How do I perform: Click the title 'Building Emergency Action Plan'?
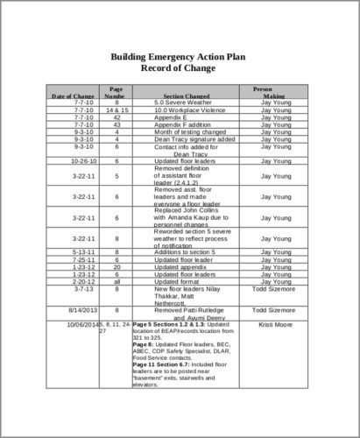[x=180, y=57]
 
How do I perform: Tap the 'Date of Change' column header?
[x=71, y=95]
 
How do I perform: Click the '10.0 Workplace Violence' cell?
[x=184, y=111]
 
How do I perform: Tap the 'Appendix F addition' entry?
[x=184, y=125]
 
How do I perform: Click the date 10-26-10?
[x=72, y=161]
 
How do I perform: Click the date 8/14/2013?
[x=72, y=310]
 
